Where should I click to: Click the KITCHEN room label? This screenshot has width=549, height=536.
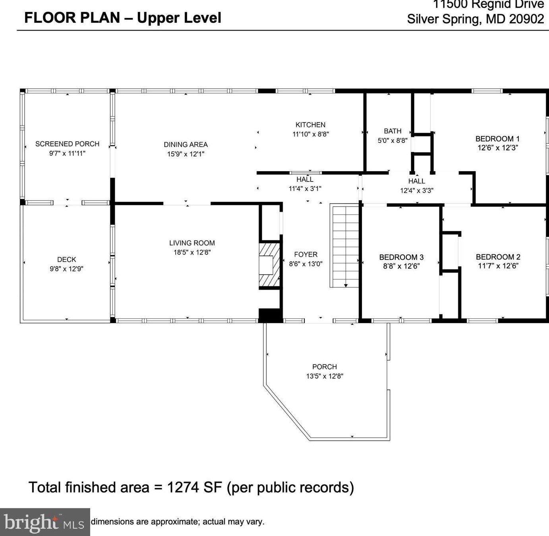click(x=310, y=125)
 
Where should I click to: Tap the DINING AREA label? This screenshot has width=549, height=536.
click(x=186, y=144)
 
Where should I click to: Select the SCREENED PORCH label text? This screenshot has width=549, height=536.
click(x=67, y=144)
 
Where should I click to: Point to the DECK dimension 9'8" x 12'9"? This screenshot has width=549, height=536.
click(x=67, y=269)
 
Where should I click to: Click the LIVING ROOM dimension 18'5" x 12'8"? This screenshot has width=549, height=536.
click(x=192, y=252)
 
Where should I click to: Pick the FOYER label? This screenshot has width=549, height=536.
click(x=305, y=254)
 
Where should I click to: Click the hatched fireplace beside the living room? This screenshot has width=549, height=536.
click(x=269, y=265)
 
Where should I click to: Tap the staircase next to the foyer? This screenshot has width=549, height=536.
click(x=344, y=246)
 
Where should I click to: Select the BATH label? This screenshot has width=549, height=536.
click(x=392, y=131)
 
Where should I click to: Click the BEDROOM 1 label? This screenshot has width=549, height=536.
click(x=497, y=139)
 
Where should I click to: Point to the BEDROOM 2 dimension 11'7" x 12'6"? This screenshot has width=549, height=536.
click(x=498, y=266)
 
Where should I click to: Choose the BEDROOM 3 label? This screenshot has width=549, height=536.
click(x=401, y=257)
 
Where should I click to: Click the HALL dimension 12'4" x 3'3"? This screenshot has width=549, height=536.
click(x=417, y=191)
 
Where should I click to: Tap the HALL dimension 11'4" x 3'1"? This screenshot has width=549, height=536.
click(x=305, y=189)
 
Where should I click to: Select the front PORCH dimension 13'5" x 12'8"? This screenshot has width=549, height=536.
click(x=325, y=376)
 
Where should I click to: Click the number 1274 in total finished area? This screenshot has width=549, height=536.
click(x=183, y=487)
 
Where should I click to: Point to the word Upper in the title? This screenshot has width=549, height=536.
click(x=158, y=18)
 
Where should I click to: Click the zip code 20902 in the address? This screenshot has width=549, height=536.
click(x=527, y=19)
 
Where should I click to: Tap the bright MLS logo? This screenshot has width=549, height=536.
click(x=44, y=522)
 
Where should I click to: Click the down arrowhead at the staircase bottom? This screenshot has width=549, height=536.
click(x=346, y=286)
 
